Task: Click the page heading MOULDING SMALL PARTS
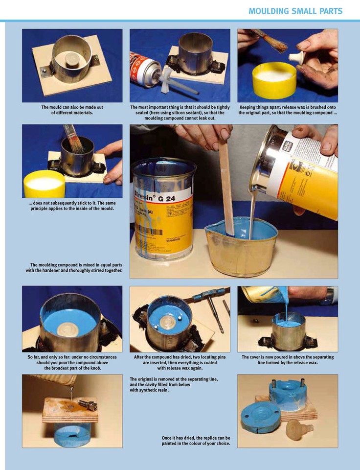coord(295,11)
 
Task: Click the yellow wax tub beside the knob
coord(274,80)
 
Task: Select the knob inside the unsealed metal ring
coord(72,60)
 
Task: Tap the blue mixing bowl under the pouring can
coord(242,246)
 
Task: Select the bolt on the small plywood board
coord(88,405)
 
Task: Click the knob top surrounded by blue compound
coord(67,329)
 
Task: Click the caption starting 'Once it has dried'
coord(196,441)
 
